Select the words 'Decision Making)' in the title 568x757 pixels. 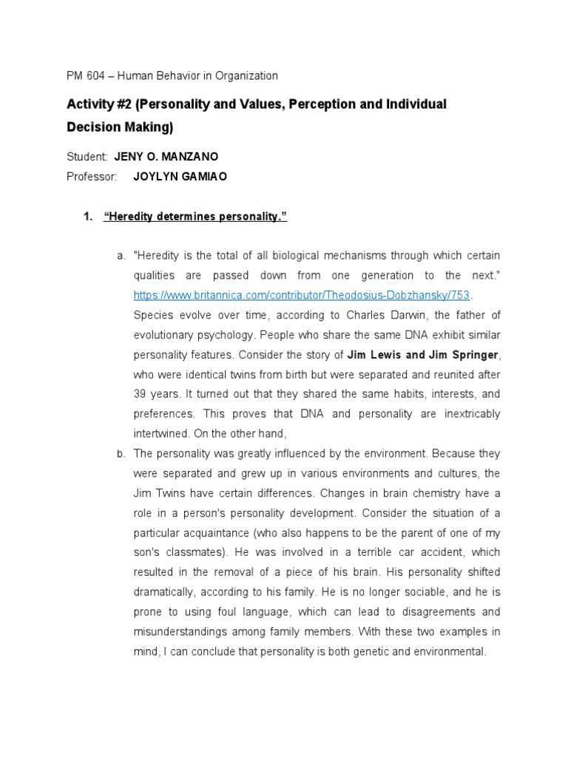pos(120,127)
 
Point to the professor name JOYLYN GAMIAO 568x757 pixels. pos(180,177)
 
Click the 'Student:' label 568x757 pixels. pos(87,157)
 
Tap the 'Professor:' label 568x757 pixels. pos(92,177)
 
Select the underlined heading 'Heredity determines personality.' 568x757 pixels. pos(195,216)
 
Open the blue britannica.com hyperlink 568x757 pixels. pos(302,295)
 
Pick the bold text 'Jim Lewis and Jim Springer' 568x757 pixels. pos(422,354)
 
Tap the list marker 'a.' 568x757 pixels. pos(121,256)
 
